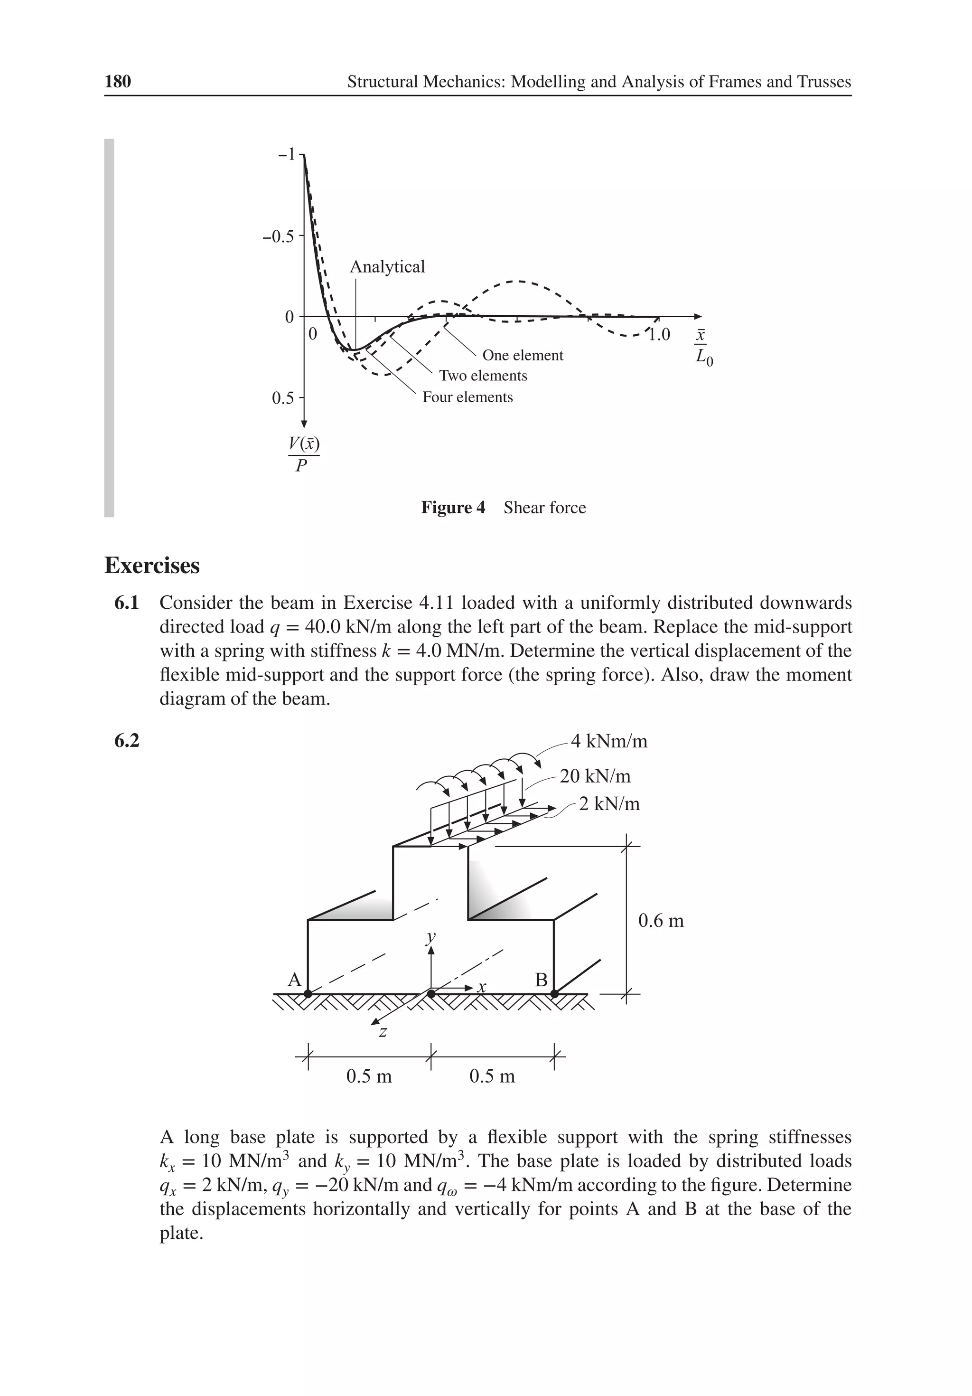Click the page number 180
pos(118,82)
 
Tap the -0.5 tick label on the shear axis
pos(278,236)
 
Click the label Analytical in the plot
pos(387,266)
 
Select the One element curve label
pos(523,355)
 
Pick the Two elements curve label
pos(483,376)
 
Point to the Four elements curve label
pos(467,397)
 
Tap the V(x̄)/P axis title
pos(303,454)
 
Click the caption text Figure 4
pos(453,508)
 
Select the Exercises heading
pos(152,566)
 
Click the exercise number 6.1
pos(126,603)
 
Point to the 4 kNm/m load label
pos(609,741)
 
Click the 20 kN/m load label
pos(595,776)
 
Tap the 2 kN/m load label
pos(609,804)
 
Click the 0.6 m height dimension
pos(661,921)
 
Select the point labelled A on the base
pos(308,993)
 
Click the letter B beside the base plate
pos(541,980)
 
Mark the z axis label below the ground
pos(383,1032)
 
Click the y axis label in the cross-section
pos(431,937)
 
